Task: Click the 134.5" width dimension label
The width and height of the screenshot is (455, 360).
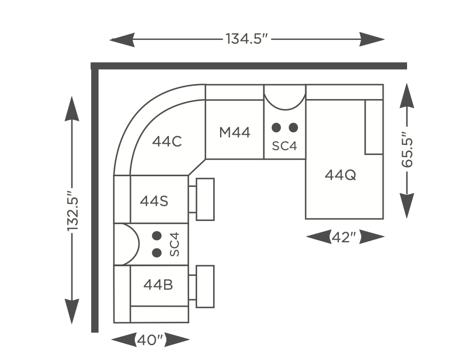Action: pyautogui.click(x=247, y=39)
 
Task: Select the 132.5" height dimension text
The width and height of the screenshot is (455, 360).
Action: pyautogui.click(x=73, y=211)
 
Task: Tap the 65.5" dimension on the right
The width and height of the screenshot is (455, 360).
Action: pyautogui.click(x=407, y=150)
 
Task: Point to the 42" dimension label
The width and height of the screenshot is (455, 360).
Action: pyautogui.click(x=344, y=238)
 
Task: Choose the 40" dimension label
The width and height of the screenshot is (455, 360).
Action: pyautogui.click(x=150, y=340)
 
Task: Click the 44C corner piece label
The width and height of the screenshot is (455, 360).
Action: pyautogui.click(x=167, y=142)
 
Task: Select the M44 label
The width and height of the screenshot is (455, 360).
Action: pyautogui.click(x=234, y=133)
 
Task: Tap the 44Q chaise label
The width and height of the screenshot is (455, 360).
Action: pyautogui.click(x=340, y=175)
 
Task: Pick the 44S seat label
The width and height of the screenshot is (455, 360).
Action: pyautogui.click(x=154, y=201)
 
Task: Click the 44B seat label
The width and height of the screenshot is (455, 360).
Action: pyautogui.click(x=158, y=284)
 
